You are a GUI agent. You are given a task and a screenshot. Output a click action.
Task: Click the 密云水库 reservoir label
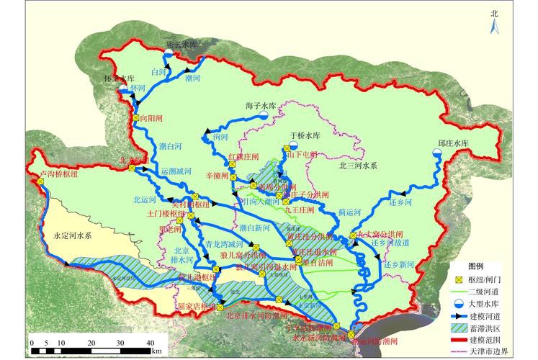click(x=181, y=45)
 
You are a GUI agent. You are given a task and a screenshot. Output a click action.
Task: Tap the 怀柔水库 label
click(x=119, y=78)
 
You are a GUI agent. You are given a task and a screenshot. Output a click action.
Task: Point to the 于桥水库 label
click(x=304, y=135)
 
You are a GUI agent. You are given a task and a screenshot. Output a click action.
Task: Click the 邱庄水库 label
click(x=453, y=143)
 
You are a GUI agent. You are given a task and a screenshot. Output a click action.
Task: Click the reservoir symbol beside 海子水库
click(x=264, y=114)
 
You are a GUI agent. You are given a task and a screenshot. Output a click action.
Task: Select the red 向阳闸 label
click(x=152, y=116)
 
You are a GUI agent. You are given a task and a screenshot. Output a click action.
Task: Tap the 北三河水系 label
click(x=358, y=166)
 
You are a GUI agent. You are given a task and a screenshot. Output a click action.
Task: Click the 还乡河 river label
click(x=400, y=203)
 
